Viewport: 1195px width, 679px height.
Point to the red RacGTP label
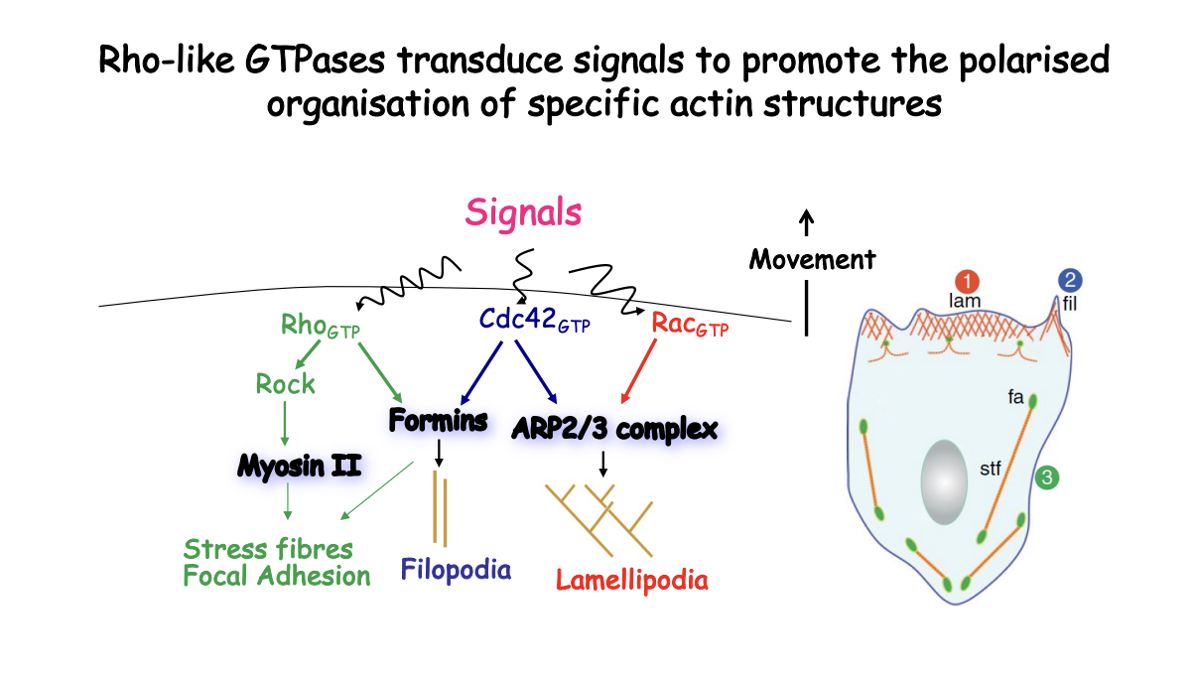point(689,325)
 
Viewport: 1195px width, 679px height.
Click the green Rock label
point(285,383)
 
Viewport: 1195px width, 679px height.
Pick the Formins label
point(438,421)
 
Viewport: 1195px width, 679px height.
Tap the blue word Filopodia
point(456,570)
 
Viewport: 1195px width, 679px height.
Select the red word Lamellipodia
point(632,580)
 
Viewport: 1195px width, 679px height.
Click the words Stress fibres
point(268,549)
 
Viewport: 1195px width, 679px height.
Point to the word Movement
point(812,260)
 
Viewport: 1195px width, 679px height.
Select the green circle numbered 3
point(1048,478)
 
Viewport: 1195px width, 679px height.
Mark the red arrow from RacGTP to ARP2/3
point(640,370)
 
